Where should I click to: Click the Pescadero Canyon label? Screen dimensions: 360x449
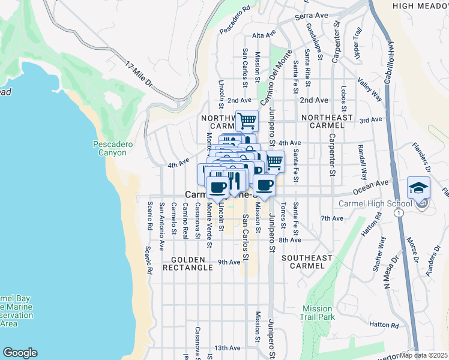pos(110,148)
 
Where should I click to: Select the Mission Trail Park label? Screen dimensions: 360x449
pos(318,312)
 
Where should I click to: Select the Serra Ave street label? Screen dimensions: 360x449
pos(311,15)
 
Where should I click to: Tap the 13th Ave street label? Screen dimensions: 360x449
pos(228,347)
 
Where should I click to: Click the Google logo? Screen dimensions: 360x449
pos(20,353)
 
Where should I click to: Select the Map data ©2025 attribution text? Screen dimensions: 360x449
pos(423,355)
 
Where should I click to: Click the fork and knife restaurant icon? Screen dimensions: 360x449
pos(235,182)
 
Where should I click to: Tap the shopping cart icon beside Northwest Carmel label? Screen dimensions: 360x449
pos(247,121)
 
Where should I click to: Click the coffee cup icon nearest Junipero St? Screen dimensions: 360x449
pos(265,185)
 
